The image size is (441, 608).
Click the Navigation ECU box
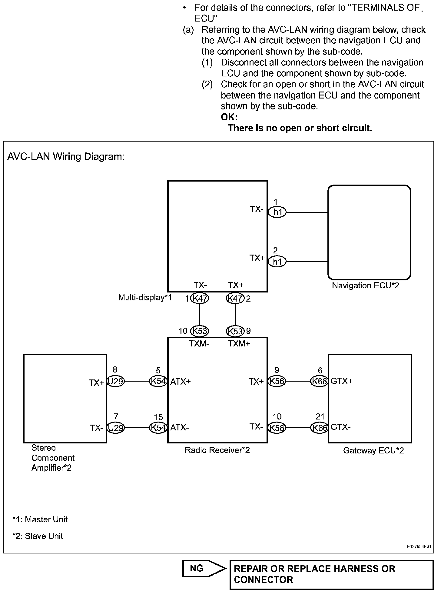pos(369,232)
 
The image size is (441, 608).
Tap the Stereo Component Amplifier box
pos(65,398)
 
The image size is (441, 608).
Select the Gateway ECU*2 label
pos(373,451)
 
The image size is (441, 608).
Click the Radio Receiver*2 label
pos(217,450)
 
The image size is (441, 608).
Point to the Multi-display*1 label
pos(145,297)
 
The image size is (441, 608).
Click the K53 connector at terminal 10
pos(200,331)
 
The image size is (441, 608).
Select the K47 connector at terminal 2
pos(235,299)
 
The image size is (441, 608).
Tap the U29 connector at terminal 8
pos(116,381)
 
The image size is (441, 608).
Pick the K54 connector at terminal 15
pos(158,428)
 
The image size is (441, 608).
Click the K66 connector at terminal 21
pos(320,428)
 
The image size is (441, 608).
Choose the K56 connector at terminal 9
pos(277,381)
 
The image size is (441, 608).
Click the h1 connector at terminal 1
pos(277,212)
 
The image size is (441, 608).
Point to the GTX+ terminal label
pos(342,381)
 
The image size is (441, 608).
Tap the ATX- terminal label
pos(180,428)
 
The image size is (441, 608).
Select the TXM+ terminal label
pos(239,343)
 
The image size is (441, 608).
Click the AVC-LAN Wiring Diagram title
pos(66,157)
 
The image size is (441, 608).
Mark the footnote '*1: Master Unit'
pos(40,519)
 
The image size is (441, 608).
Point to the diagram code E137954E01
pos(419,546)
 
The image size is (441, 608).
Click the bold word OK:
pos(229,117)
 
